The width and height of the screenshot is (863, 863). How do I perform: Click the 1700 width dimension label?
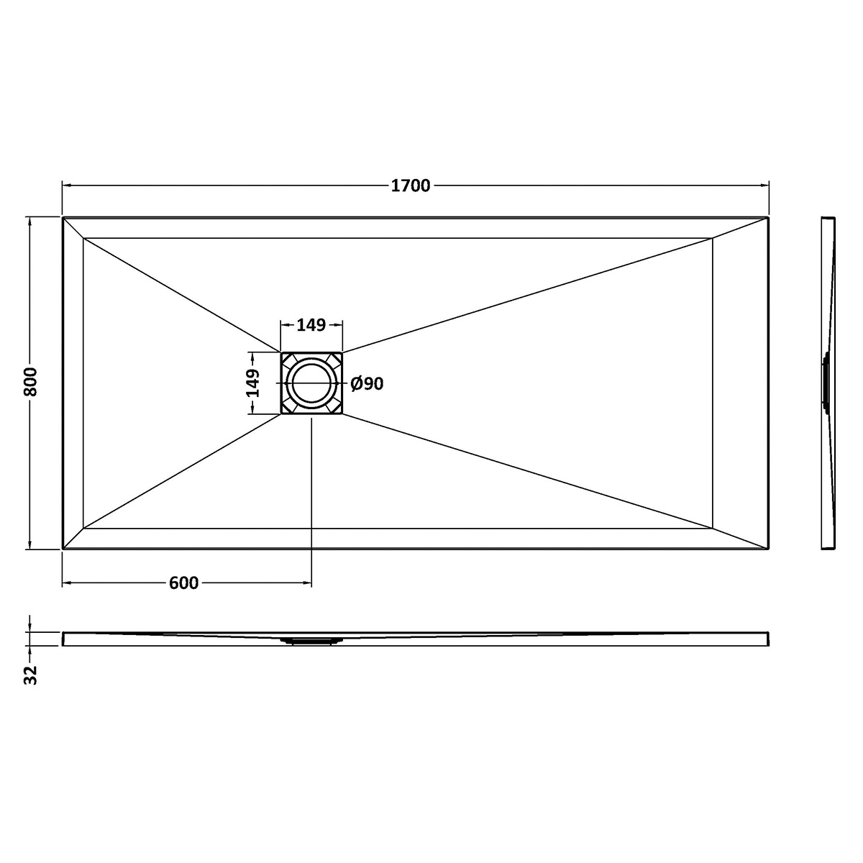pos(410,186)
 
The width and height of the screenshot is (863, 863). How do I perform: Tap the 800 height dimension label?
pos(31,382)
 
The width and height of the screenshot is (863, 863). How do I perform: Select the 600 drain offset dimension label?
pos(183,583)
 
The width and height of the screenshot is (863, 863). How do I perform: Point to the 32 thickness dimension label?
pos(30,675)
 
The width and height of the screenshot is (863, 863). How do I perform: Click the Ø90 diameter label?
pos(367,383)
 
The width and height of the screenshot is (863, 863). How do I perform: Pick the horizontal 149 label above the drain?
pos(311,325)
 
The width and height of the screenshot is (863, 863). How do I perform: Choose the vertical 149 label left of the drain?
pos(252,383)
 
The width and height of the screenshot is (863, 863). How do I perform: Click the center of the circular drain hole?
pos(311,383)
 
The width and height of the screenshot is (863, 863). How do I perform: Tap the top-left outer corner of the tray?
pos(63,218)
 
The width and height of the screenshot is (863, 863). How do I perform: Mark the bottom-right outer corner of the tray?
pos(768,549)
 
